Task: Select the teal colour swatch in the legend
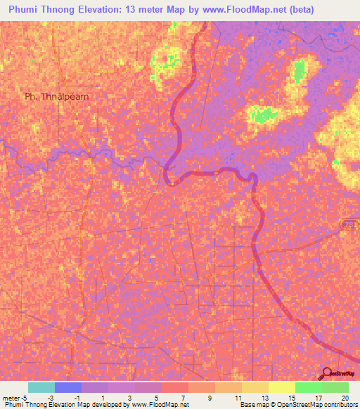pos(41,387)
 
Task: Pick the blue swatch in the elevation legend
pos(68,387)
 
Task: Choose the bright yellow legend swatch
pos(282,387)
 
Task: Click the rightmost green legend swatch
pos(335,387)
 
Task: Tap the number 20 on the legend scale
pos(343,398)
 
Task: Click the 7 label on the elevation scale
pos(182,398)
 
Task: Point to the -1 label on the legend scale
pos(75,398)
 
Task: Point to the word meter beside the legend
pos(11,398)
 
